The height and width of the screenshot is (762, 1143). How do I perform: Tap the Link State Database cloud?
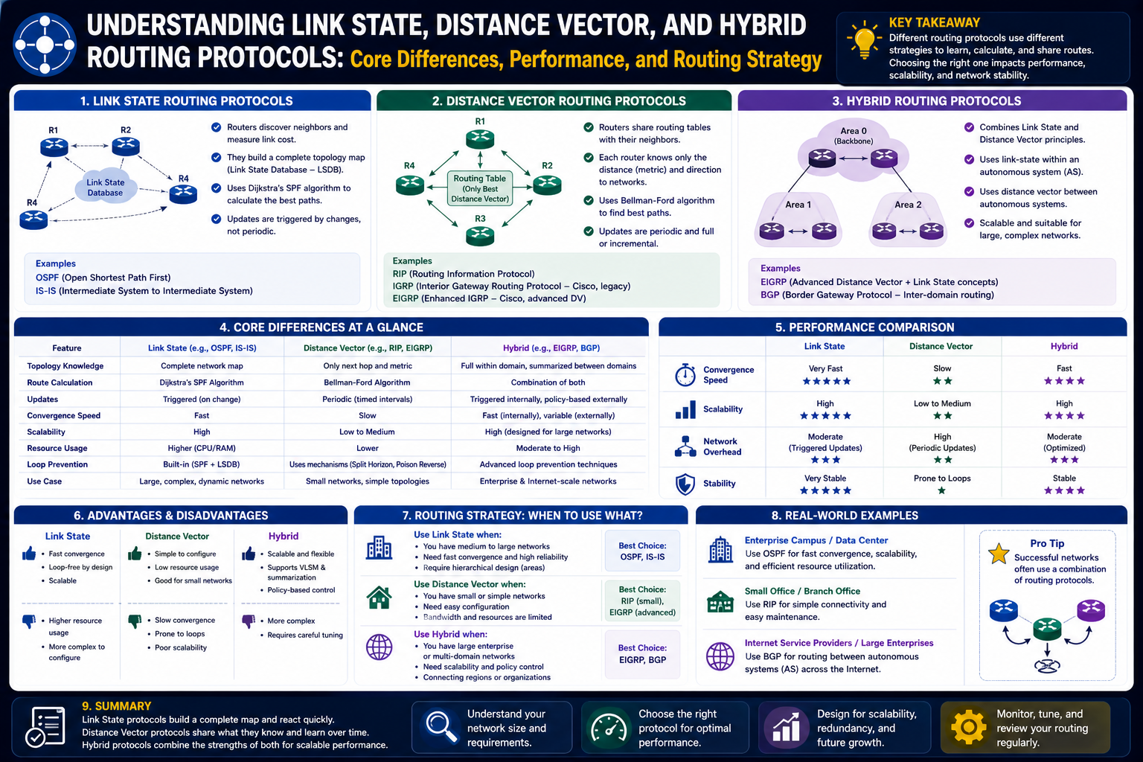(x=106, y=187)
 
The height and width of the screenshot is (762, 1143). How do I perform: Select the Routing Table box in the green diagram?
(x=480, y=188)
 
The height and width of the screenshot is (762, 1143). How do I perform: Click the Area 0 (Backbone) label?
(x=854, y=135)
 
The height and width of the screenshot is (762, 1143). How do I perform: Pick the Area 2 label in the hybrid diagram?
(x=908, y=205)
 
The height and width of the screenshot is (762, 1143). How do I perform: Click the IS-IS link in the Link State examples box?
(x=45, y=291)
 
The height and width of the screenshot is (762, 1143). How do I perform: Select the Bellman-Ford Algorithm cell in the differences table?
(x=367, y=382)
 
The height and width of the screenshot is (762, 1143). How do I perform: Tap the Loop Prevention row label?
(x=57, y=464)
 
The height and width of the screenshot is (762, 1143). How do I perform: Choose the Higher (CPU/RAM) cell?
(x=202, y=448)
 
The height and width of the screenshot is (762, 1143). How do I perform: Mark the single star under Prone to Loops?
(x=942, y=490)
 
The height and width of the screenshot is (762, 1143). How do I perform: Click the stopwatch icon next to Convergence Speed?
(x=685, y=374)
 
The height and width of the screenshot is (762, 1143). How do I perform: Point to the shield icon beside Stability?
(x=685, y=484)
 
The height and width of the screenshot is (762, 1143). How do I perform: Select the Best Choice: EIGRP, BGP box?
(x=642, y=654)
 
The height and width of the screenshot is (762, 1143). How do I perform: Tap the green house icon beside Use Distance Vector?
(x=379, y=597)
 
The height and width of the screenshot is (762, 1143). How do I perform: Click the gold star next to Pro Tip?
(x=999, y=554)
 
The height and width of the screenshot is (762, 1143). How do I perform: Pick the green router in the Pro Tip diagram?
(x=1047, y=628)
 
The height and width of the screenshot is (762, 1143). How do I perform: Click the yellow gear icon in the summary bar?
(x=968, y=727)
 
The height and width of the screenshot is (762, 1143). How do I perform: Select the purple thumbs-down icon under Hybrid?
(x=249, y=621)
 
